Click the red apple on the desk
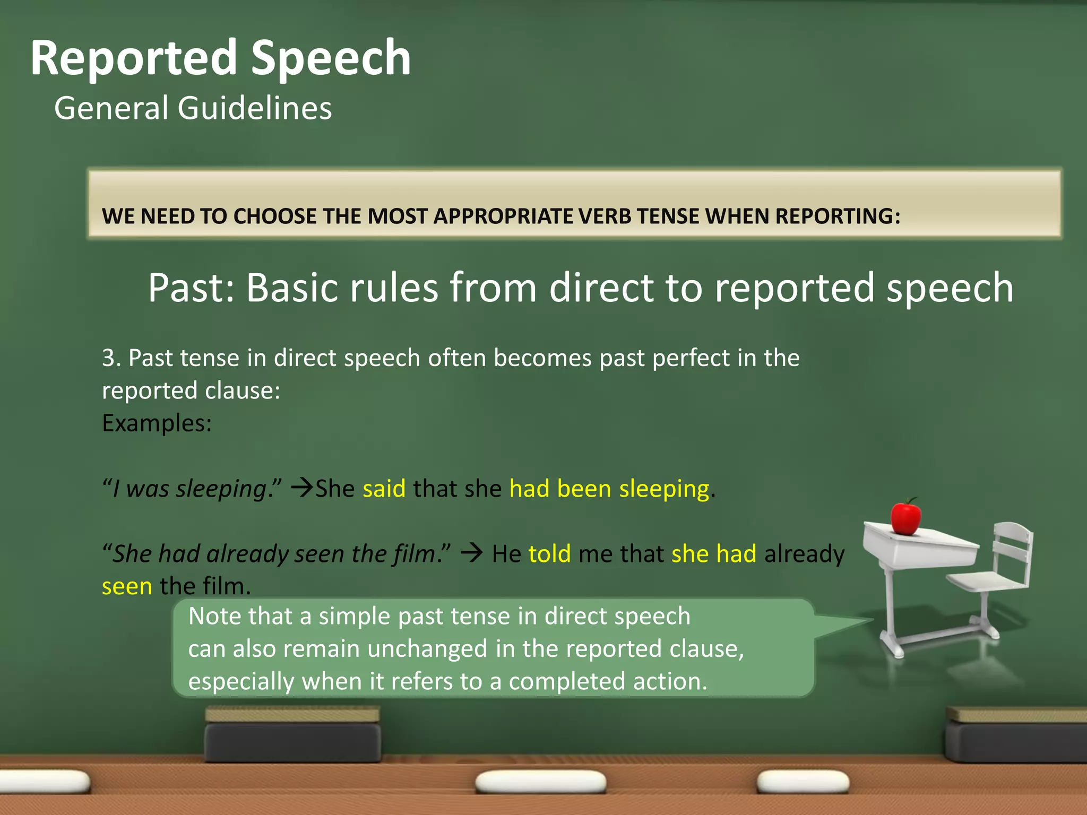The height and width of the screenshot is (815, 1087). point(905,517)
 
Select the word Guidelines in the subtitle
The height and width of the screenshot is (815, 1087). point(255,108)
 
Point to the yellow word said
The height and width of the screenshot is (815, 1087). point(384,489)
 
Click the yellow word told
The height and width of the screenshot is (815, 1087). point(549,554)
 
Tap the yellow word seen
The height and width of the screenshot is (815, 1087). point(127,587)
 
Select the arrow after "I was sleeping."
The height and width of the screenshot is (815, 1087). point(303,487)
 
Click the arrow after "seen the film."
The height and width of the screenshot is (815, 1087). point(471,553)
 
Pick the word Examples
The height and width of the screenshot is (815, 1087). point(157,423)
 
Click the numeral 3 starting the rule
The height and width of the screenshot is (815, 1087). point(108,358)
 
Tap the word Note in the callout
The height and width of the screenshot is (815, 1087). point(214,617)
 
